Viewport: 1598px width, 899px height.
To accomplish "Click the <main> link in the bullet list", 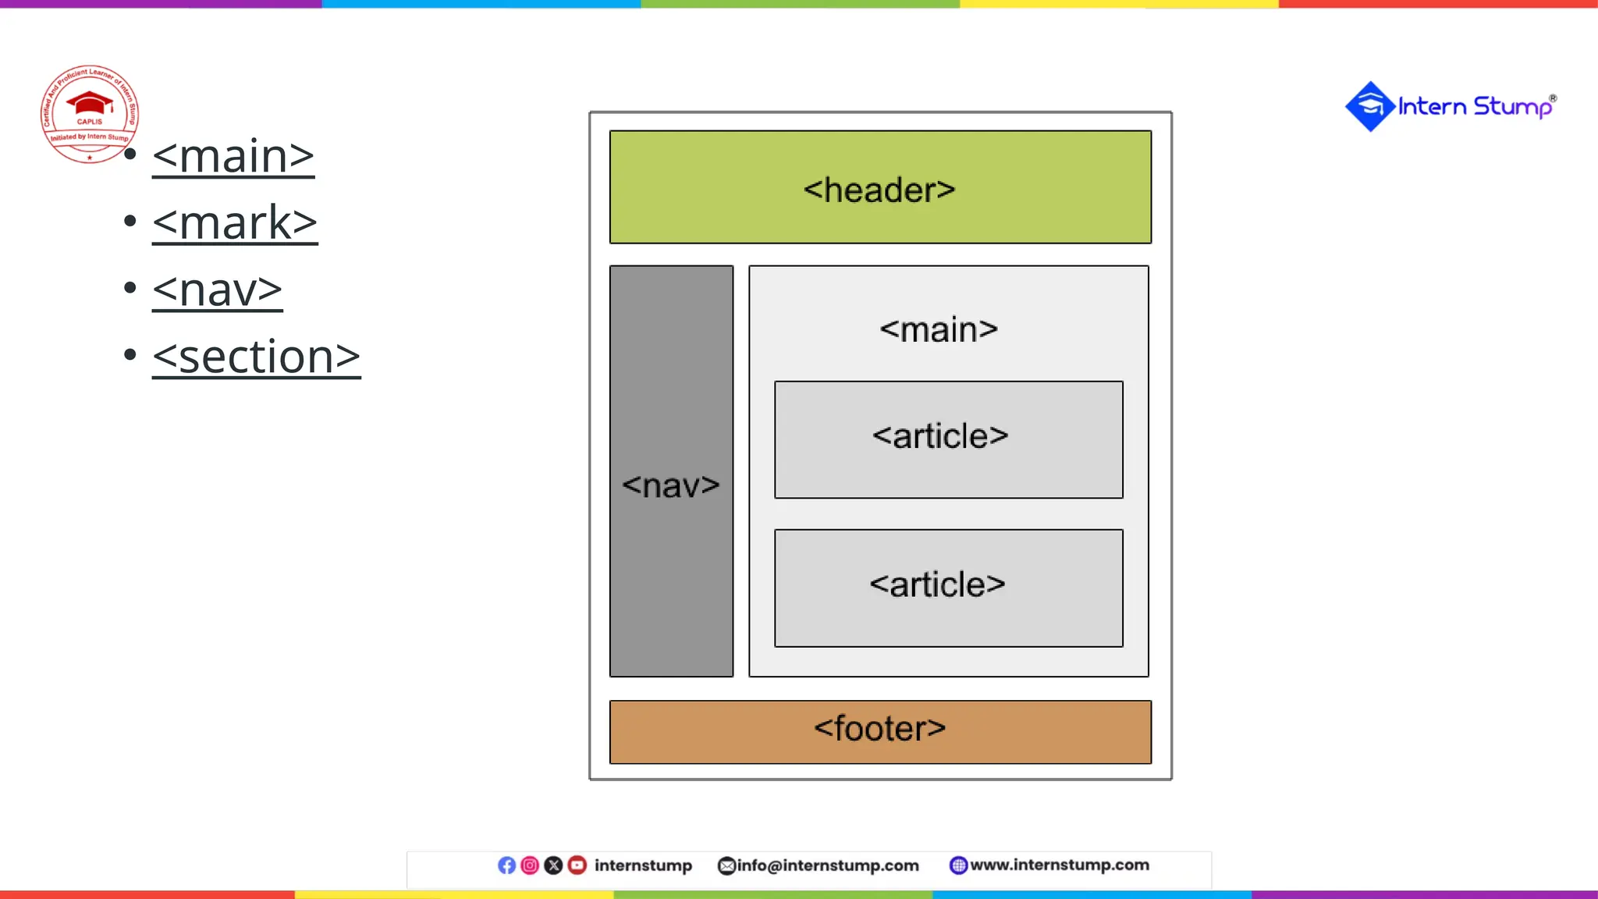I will (x=233, y=156).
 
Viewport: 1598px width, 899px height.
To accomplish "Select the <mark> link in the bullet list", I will (x=235, y=223).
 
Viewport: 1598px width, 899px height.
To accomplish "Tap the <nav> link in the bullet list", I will (x=217, y=290).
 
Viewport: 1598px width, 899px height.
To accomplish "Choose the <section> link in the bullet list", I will (x=256, y=357).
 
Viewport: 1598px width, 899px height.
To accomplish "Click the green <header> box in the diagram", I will (x=880, y=187).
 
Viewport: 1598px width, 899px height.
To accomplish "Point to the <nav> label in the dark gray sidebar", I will (x=671, y=485).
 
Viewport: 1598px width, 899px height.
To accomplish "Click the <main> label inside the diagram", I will (x=939, y=329).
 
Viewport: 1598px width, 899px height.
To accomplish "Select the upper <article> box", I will (x=948, y=439).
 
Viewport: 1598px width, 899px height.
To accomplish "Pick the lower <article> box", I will (x=948, y=588).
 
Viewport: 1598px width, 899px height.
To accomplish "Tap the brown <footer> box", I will (x=880, y=731).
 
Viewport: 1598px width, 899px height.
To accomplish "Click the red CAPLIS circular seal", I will (x=90, y=114).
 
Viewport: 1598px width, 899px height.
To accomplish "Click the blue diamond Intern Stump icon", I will (x=1369, y=106).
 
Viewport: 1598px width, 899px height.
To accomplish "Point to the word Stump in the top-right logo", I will (x=1512, y=106).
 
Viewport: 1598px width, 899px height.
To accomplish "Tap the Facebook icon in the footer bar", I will (x=506, y=865).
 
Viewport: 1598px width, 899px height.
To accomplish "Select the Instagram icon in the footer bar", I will (x=530, y=865).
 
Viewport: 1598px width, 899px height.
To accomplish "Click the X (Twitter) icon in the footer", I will (x=553, y=865).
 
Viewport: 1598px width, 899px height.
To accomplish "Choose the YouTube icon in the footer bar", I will (x=577, y=865).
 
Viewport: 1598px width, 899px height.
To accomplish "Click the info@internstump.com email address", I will (x=827, y=865).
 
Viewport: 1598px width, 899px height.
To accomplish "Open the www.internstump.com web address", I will (x=1059, y=865).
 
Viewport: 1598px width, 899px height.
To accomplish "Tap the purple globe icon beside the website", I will (x=958, y=865).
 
